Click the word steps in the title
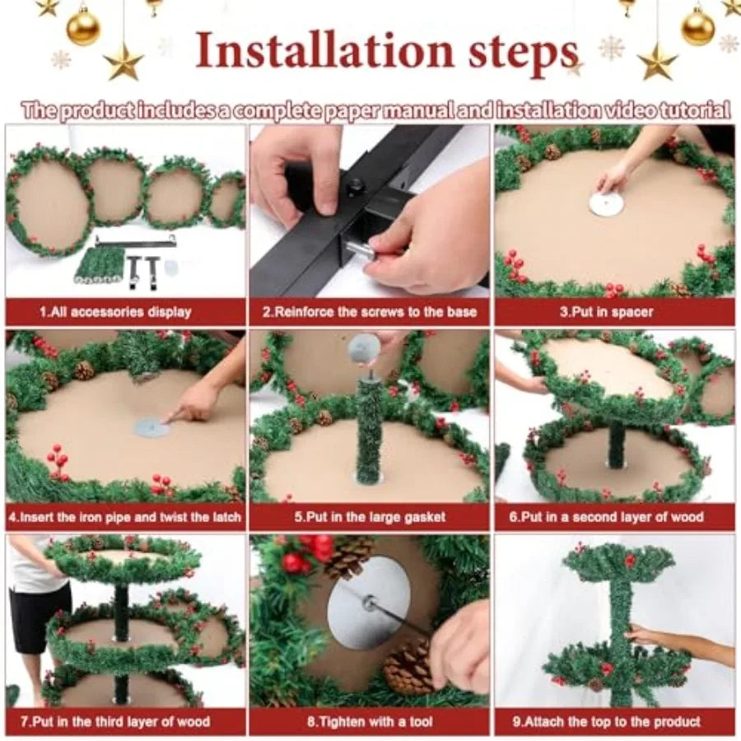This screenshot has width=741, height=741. point(523,54)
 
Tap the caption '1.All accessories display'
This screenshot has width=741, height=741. point(116,312)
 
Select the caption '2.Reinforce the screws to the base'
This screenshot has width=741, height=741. point(370,312)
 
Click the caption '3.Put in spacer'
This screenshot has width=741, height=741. point(607,312)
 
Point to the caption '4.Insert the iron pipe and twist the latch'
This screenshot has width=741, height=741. point(125,516)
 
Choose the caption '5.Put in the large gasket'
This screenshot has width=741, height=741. point(370,516)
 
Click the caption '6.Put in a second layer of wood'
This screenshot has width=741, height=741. point(607,516)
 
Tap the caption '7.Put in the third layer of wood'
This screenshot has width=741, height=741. point(116,721)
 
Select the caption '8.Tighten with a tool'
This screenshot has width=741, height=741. point(370,721)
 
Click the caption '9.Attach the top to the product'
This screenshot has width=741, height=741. point(607,721)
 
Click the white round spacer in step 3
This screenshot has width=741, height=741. point(608,203)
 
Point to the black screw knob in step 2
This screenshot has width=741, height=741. point(352,187)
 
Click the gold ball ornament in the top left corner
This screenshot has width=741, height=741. point(83,27)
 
